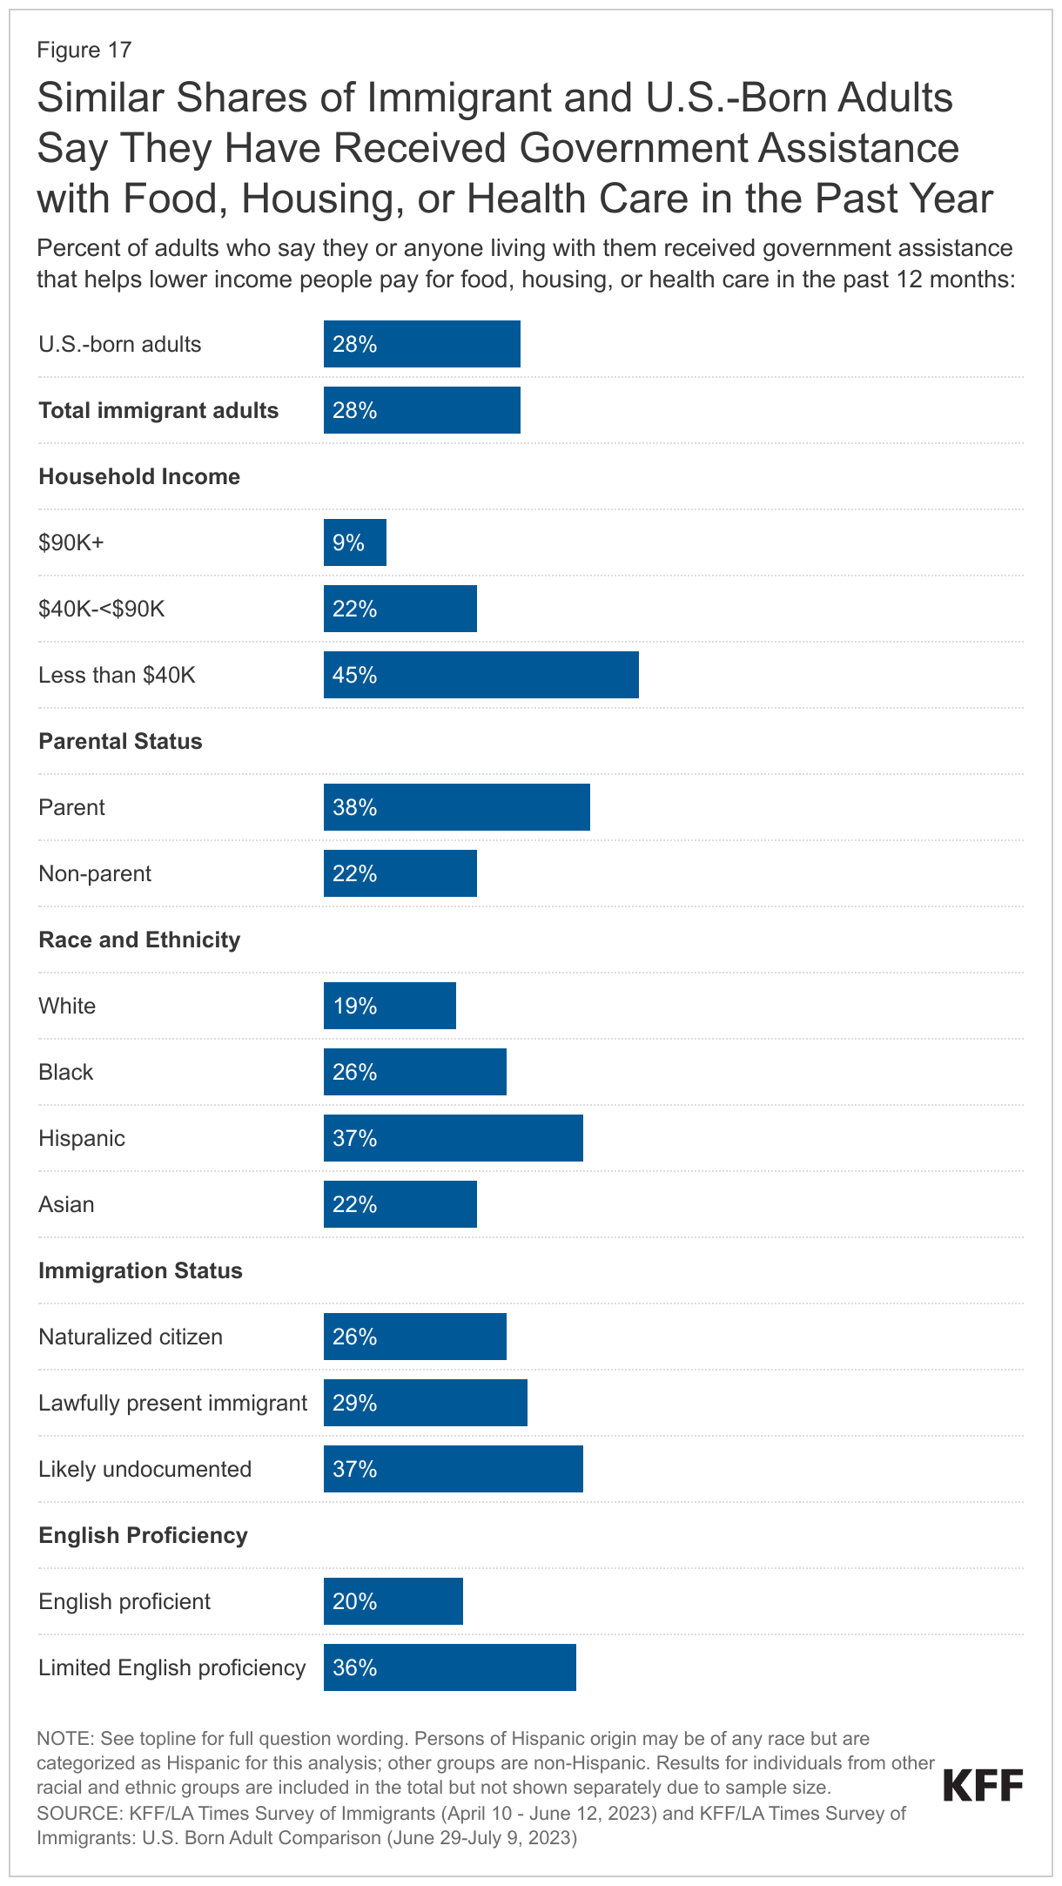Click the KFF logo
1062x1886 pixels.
[983, 1786]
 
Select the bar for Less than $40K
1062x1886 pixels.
[481, 675]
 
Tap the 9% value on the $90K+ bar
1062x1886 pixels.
[348, 543]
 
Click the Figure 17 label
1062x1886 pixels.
[84, 51]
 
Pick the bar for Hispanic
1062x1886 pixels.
[453, 1138]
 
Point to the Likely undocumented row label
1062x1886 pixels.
[145, 1469]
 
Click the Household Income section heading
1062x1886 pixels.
[139, 477]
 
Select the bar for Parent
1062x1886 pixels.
[456, 807]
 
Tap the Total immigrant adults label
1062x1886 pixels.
[158, 411]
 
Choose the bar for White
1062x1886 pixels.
[389, 1006]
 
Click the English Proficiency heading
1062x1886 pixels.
[143, 1535]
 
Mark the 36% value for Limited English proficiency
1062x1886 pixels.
[354, 1667]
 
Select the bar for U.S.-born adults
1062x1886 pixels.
[421, 344]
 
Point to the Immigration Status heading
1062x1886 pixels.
[140, 1270]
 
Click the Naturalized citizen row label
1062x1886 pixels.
[131, 1337]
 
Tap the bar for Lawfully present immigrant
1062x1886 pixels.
[425, 1403]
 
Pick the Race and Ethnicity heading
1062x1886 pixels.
[139, 940]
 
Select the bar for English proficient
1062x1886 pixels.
[393, 1601]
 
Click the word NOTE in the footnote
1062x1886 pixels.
[63, 1739]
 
